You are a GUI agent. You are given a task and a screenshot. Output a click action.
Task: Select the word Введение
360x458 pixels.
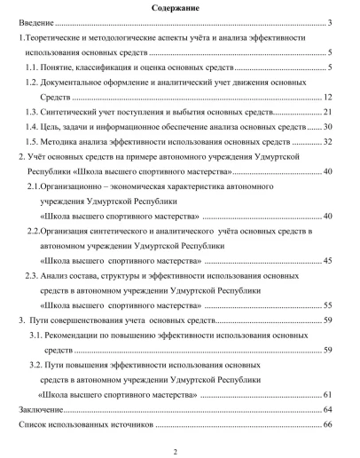tap(37, 24)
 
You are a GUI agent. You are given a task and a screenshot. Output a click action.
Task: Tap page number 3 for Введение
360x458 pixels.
tap(329, 24)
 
